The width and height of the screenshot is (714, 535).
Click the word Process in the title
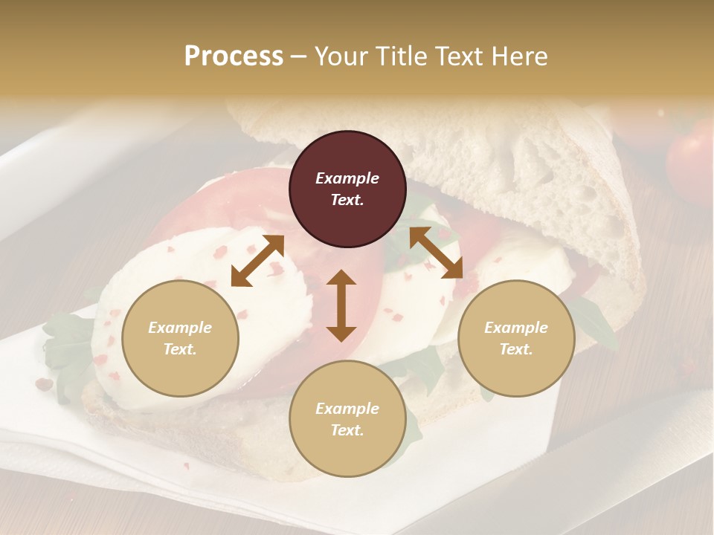pyautogui.click(x=234, y=56)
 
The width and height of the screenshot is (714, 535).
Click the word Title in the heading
pyautogui.click(x=400, y=56)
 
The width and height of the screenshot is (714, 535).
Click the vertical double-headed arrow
pyautogui.click(x=341, y=305)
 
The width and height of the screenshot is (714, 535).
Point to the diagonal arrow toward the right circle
pyautogui.click(x=436, y=253)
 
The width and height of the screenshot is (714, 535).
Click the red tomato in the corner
pyautogui.click(x=692, y=160)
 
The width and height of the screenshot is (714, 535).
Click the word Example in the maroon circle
pyautogui.click(x=347, y=178)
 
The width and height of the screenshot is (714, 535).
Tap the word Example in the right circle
pyautogui.click(x=515, y=328)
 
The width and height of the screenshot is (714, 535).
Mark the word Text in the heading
pyautogui.click(x=460, y=56)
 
